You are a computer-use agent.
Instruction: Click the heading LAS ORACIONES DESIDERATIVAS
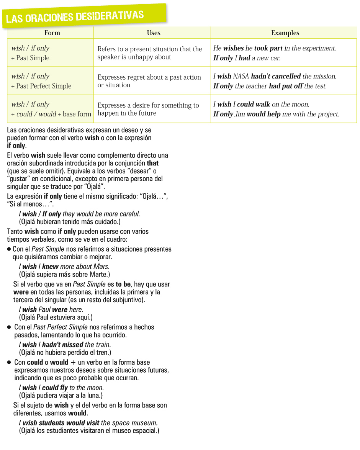point(75,16)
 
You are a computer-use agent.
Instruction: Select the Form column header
point(52,33)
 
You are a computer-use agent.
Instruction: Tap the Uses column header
point(154,33)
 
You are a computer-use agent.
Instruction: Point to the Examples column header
point(285,33)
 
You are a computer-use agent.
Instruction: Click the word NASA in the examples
point(241,76)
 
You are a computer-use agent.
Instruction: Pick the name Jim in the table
point(240,114)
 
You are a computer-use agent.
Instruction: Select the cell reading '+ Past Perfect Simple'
point(41,86)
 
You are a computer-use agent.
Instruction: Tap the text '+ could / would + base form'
point(51,114)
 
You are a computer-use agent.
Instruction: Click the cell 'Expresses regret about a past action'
point(149,77)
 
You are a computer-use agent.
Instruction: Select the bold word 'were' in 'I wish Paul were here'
point(60,309)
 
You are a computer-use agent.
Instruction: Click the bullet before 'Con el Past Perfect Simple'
point(9,327)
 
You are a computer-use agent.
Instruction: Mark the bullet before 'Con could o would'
point(9,362)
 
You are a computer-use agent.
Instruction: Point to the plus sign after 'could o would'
point(75,362)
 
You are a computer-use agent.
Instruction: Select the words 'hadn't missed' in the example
point(62,345)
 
